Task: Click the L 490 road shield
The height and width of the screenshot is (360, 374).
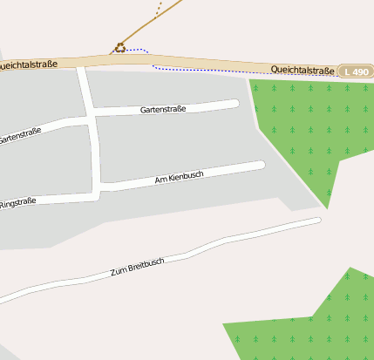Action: pos(356,71)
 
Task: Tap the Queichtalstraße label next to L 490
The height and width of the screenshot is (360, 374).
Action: pos(303,70)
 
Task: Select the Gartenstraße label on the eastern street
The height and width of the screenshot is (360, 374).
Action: pos(163,110)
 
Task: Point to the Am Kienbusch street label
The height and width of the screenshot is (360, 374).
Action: pos(179,177)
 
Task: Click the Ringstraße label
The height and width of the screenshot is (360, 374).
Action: pos(17,203)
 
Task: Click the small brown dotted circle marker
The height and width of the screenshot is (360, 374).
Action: pos(119,47)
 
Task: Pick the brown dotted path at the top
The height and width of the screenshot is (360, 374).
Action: pos(159,10)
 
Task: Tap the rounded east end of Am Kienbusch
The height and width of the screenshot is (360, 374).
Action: pos(260,165)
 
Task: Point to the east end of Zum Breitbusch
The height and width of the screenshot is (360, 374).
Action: pos(317,220)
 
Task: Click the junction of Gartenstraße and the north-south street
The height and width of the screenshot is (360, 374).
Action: pos(91,114)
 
